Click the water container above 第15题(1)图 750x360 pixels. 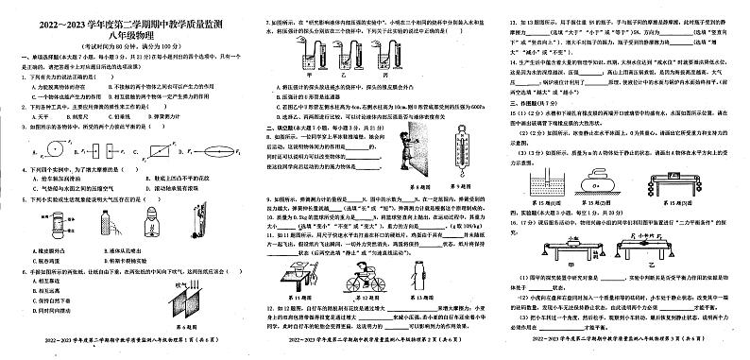pos(546,182)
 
